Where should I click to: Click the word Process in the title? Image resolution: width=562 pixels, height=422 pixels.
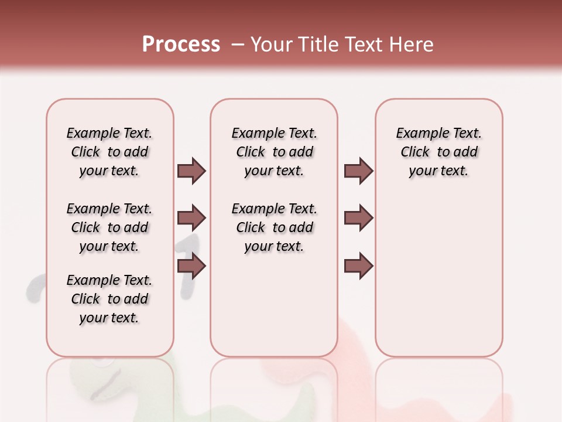pyautogui.click(x=181, y=45)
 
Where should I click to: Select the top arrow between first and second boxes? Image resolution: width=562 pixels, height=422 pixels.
pyautogui.click(x=191, y=171)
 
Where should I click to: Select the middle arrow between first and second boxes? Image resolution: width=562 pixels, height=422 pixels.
pyautogui.click(x=191, y=218)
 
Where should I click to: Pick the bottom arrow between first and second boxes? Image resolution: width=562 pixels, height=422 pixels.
pyautogui.click(x=191, y=266)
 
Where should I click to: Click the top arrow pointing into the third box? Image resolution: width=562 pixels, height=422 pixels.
pyautogui.click(x=358, y=171)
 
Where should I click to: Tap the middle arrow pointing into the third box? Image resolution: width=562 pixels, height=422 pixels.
pyautogui.click(x=358, y=218)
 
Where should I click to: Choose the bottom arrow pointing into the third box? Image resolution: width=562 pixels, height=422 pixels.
pyautogui.click(x=358, y=266)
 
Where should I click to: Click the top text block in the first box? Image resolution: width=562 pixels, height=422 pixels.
pyautogui.click(x=109, y=152)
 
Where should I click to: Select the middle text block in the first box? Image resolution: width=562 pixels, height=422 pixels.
pyautogui.click(x=109, y=227)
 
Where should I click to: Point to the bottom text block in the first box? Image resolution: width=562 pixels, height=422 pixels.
pyautogui.click(x=109, y=299)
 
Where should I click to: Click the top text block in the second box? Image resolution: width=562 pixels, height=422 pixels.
pyautogui.click(x=274, y=152)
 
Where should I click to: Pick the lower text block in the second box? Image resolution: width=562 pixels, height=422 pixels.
pyautogui.click(x=274, y=227)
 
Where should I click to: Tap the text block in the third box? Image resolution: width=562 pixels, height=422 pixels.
pyautogui.click(x=438, y=152)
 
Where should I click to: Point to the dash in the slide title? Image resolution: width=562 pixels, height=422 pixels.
pyautogui.click(x=238, y=45)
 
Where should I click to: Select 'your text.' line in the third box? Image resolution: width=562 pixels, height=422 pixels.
pyautogui.click(x=438, y=171)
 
